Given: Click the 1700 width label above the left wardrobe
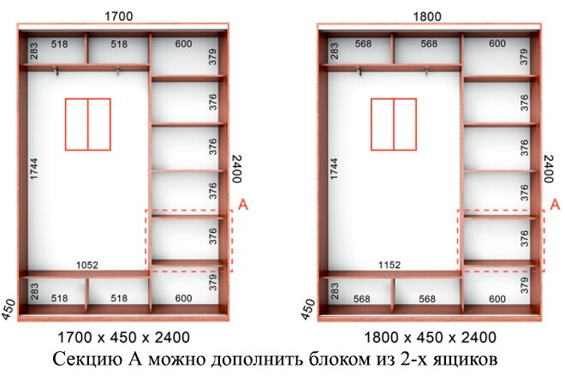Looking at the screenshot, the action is pos(118,16).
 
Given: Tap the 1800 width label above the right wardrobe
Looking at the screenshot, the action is pos(426,16).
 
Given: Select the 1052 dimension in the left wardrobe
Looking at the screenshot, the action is pos(87,265).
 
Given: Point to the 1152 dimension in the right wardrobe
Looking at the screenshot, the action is pos(390,265).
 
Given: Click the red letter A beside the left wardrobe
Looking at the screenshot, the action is pos(244,205).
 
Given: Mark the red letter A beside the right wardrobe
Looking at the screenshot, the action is pos(556,205).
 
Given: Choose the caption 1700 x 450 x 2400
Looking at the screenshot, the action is pos(123,337).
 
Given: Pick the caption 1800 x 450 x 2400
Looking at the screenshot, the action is pos(430,337).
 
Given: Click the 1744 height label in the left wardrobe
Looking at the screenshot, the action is pos(34,169).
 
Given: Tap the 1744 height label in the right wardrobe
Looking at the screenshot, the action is pos(334,169).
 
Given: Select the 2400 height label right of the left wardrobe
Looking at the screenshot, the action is pos(237,169).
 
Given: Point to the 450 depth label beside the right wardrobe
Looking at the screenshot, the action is pos(307,309).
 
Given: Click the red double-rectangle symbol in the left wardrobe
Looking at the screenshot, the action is pos(88,124).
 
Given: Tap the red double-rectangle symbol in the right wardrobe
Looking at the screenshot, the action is pos(394,124).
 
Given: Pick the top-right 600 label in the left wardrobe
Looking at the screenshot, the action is pos(183,44).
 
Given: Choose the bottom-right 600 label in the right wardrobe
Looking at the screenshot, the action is pos(497,299).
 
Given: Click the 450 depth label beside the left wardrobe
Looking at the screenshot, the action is pos(9,309).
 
